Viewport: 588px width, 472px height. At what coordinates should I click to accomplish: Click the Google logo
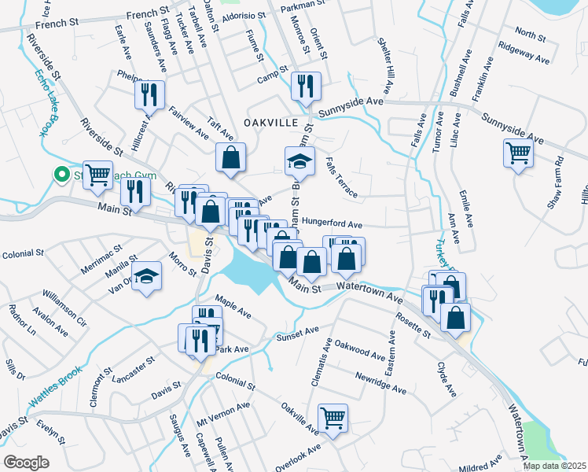click(26, 462)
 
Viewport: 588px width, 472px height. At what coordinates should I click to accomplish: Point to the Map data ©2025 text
click(555, 466)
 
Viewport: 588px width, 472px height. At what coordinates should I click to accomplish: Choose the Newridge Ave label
click(380, 383)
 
